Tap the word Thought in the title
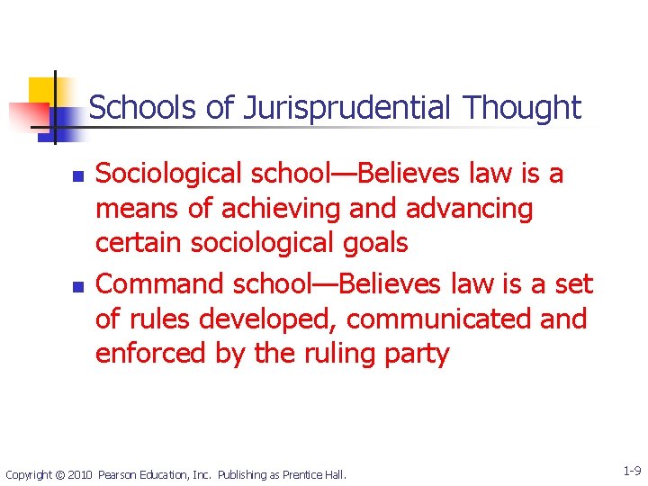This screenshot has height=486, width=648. coord(523,108)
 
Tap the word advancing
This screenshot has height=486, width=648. coord(469,210)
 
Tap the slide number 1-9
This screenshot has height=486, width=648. coord(631,471)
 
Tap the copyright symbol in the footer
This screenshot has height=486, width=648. coord(58,474)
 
